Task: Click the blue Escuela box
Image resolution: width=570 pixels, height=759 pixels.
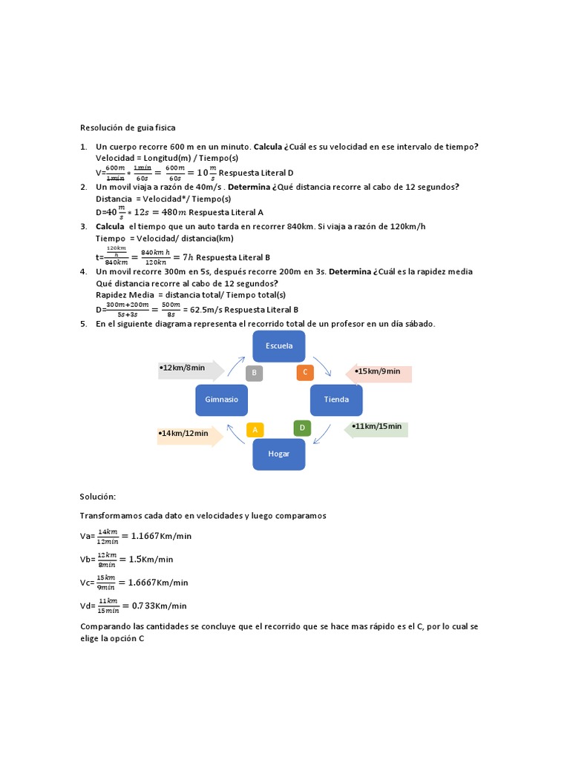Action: pyautogui.click(x=278, y=346)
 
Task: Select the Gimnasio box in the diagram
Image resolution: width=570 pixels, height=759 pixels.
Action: pyautogui.click(x=221, y=400)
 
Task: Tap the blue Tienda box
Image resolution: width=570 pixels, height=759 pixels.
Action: pyautogui.click(x=335, y=400)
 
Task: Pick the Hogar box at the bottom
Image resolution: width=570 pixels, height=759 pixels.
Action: pyautogui.click(x=278, y=454)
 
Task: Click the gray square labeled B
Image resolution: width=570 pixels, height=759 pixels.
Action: pyautogui.click(x=254, y=373)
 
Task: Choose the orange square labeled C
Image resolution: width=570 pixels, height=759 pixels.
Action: pyautogui.click(x=304, y=372)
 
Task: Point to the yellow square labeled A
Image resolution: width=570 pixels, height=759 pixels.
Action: pyautogui.click(x=255, y=429)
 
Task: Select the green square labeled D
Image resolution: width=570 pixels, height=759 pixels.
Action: pyautogui.click(x=302, y=428)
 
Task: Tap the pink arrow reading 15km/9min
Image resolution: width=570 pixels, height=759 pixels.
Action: pyautogui.click(x=379, y=373)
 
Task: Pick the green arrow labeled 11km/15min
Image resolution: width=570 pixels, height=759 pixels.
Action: pyautogui.click(x=376, y=428)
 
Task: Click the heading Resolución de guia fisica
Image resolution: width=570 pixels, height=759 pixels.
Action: pyautogui.click(x=128, y=127)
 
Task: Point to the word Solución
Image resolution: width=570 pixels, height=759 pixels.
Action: pyautogui.click(x=98, y=496)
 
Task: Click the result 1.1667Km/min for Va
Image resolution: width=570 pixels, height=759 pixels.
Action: pyautogui.click(x=161, y=536)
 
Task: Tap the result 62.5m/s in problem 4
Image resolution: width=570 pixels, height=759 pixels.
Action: pyautogui.click(x=196, y=310)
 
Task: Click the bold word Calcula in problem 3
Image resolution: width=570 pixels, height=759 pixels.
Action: pyautogui.click(x=111, y=226)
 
